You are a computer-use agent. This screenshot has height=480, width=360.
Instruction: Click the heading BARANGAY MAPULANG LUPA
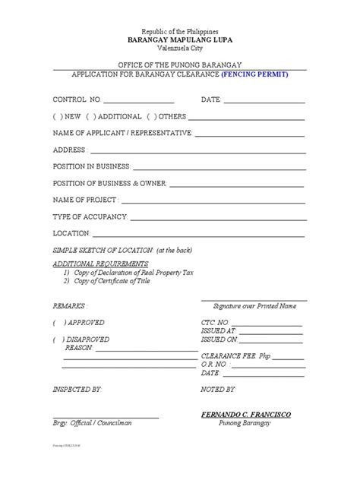(x=179, y=36)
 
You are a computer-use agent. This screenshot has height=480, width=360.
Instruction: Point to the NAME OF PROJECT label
(x=84, y=200)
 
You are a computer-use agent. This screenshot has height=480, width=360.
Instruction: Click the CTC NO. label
(x=216, y=323)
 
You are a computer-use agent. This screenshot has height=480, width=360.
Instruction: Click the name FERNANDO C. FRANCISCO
(x=246, y=414)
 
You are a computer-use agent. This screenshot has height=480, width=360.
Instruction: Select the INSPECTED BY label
(x=76, y=389)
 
